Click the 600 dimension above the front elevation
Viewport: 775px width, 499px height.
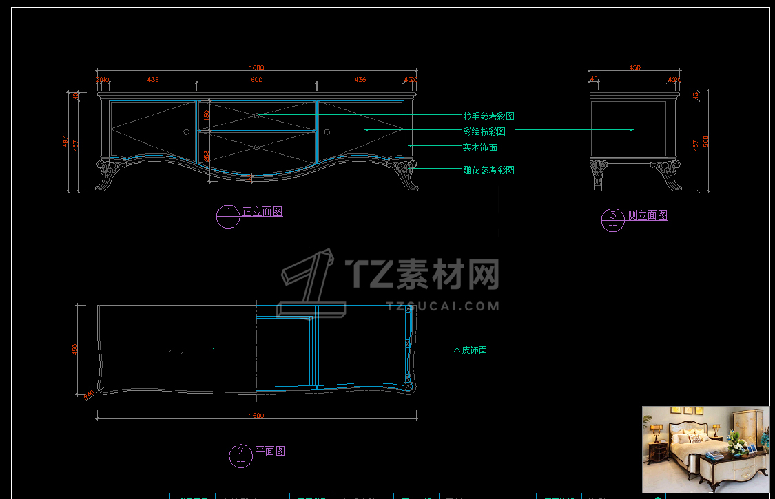pos(256,80)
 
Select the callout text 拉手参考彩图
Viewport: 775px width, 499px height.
pos(488,116)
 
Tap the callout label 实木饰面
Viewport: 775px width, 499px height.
pos(480,147)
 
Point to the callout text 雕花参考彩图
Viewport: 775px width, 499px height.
pos(488,170)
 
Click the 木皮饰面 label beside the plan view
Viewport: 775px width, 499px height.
pos(470,350)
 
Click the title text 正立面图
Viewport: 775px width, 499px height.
pos(262,212)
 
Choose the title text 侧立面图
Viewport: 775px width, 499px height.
pos(647,215)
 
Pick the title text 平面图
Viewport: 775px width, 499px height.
pos(270,452)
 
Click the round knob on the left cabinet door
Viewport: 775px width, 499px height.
pos(186,131)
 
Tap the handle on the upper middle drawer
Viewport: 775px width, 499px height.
pos(256,116)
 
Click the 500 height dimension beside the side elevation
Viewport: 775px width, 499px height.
pos(705,141)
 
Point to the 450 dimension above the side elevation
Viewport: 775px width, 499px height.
pos(634,68)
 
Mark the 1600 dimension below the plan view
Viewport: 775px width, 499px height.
pos(256,416)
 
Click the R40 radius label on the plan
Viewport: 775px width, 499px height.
pos(88,395)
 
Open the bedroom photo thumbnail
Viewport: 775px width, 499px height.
pos(705,449)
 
